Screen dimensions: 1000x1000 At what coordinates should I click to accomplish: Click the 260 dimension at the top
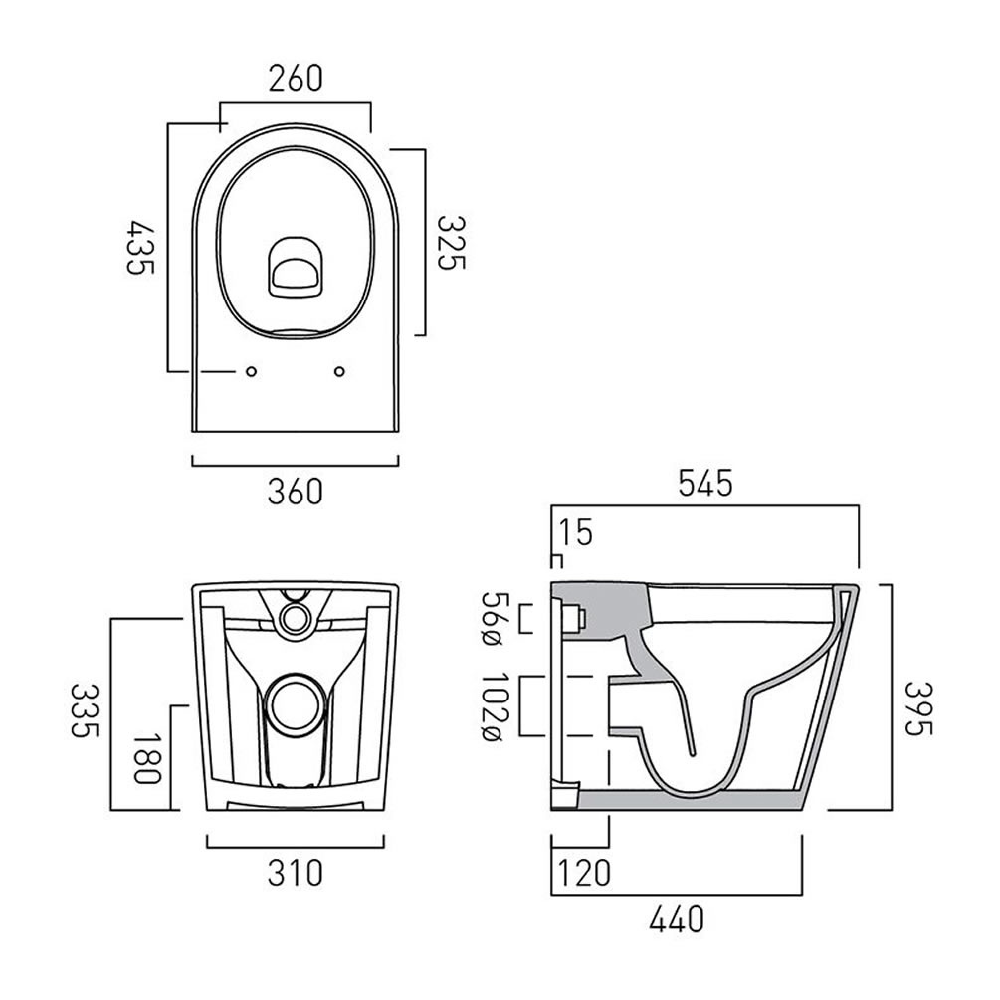point(294,78)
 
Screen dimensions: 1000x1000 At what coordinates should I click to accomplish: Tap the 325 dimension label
point(451,244)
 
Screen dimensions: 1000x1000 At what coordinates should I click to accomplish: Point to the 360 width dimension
point(295,491)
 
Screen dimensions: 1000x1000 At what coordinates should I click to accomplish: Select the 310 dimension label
point(295,873)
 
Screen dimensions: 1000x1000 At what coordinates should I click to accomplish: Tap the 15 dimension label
point(575,532)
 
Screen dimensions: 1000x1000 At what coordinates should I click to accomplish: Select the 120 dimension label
point(582,873)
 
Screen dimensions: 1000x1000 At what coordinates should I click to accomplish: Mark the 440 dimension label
point(677,917)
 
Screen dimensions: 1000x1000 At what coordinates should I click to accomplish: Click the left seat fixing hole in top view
point(251,372)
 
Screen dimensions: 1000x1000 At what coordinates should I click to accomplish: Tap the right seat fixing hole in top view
point(340,372)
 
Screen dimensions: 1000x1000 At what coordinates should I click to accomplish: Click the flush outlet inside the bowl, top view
point(295,267)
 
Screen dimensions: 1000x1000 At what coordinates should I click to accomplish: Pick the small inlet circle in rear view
point(295,618)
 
